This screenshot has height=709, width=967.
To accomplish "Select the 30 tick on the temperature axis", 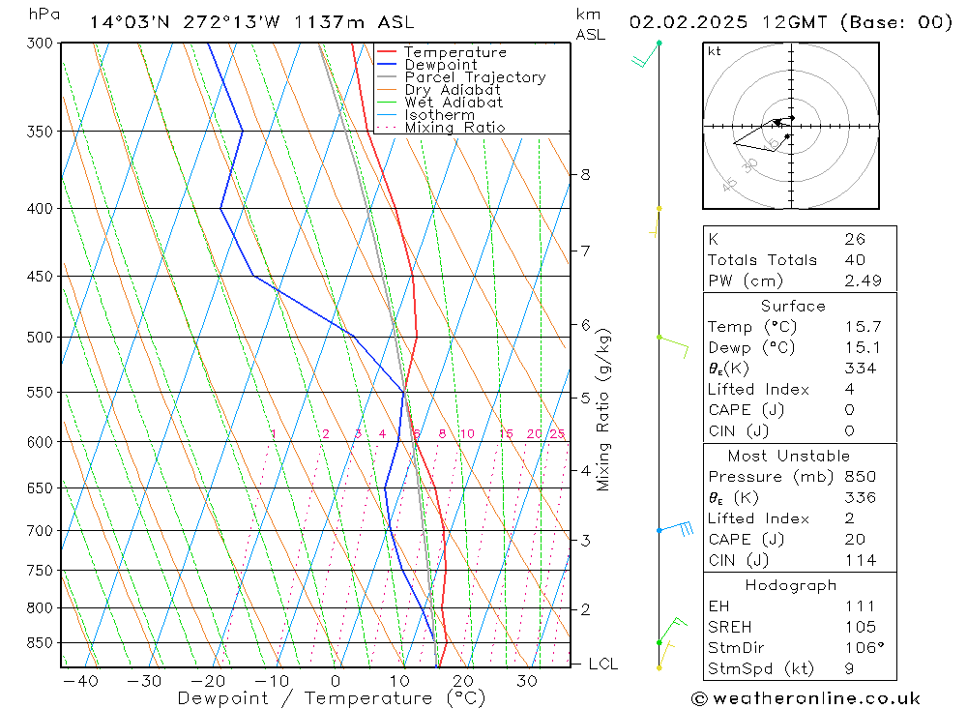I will pos(526,681).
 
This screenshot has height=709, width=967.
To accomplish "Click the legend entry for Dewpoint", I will pos(440,65).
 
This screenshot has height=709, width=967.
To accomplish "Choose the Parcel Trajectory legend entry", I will pos(474,77).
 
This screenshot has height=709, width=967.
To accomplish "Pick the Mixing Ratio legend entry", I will pos(454,128).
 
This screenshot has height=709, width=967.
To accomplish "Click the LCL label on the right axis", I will pos(602,665).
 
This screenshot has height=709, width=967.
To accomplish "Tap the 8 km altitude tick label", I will pos(585,175).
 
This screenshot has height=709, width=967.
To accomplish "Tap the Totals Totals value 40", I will pos(854,260).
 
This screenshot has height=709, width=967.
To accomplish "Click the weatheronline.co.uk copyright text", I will pos(806,698).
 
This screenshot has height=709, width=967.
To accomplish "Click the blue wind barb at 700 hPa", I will pos(677,529).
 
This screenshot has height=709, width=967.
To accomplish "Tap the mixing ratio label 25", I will pos(557,434).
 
